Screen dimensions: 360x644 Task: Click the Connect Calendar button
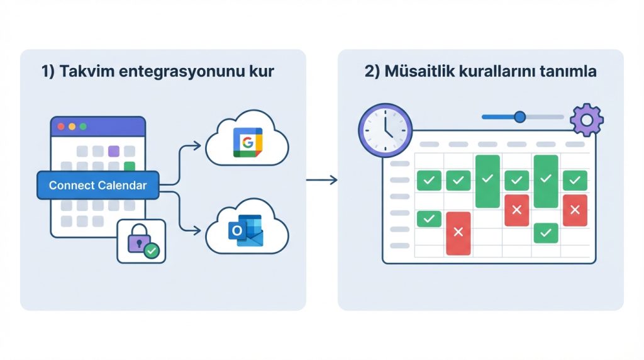click(x=98, y=185)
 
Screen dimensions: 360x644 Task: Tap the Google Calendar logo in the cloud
click(x=247, y=142)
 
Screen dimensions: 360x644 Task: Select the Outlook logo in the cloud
click(x=246, y=231)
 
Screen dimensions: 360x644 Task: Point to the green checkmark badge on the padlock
click(x=151, y=251)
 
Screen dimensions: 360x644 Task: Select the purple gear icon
click(x=586, y=120)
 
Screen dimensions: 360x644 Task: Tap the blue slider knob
click(x=519, y=116)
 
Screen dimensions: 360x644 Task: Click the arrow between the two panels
click(x=321, y=181)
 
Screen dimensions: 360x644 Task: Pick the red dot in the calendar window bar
click(x=61, y=127)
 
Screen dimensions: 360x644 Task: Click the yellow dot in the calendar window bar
click(x=72, y=127)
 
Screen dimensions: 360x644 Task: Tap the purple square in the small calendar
click(x=114, y=151)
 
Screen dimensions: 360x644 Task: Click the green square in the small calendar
click(x=130, y=167)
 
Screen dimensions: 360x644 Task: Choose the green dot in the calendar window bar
click(x=82, y=127)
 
